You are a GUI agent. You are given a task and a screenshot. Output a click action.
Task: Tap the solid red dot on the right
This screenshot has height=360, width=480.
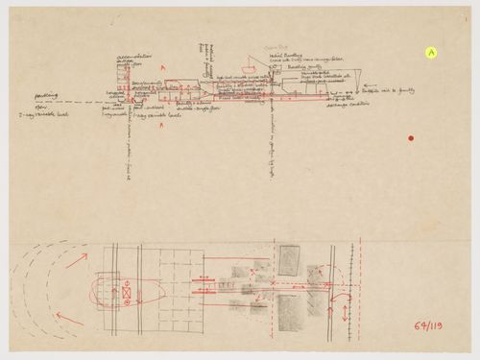tap(410, 140)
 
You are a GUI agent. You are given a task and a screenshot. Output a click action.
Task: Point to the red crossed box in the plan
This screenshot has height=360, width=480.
tap(126, 289)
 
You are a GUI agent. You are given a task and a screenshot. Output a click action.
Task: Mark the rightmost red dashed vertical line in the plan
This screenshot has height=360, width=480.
tap(329, 288)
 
